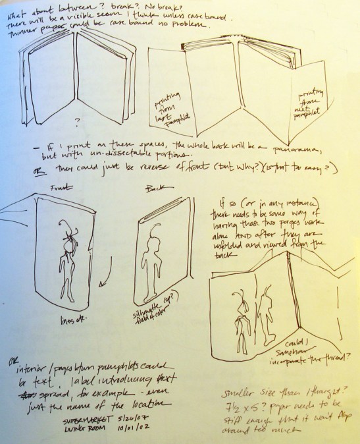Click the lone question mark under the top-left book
[78, 121]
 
